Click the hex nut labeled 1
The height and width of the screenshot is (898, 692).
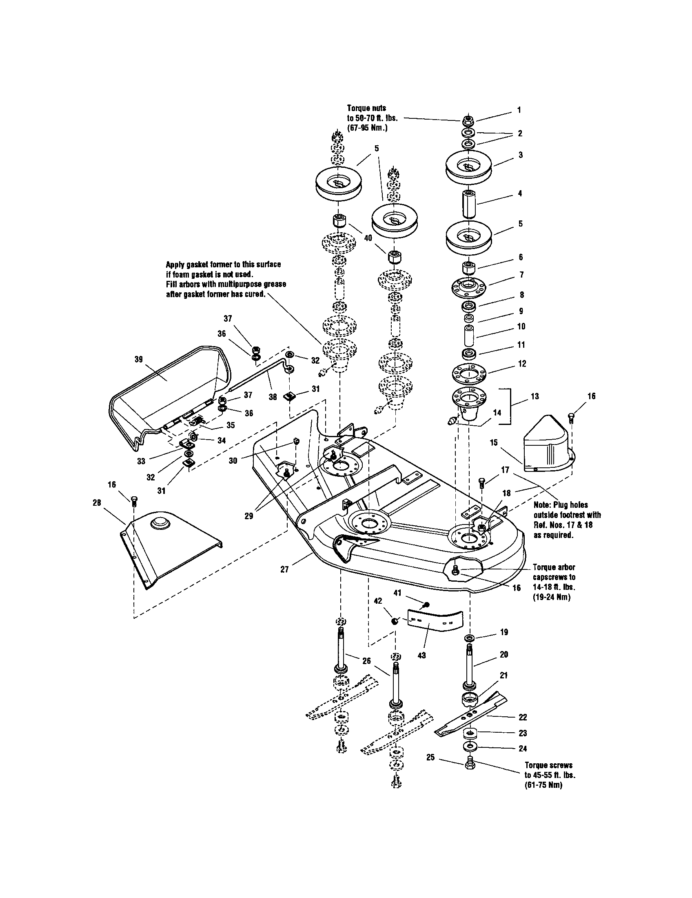point(466,120)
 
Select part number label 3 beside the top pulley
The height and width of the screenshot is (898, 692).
point(520,155)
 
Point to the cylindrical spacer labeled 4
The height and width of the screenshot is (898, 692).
point(468,204)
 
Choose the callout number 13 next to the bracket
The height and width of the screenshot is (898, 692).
point(535,396)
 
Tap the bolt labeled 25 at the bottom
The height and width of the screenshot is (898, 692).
point(470,765)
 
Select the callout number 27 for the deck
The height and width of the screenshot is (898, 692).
point(284,569)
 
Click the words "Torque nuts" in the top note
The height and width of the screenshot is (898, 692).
point(366,108)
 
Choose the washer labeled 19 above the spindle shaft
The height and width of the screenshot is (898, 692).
point(469,638)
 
